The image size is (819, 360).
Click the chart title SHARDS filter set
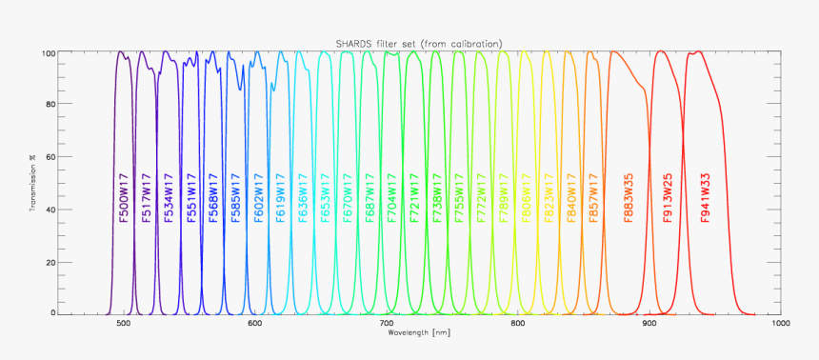click(x=419, y=43)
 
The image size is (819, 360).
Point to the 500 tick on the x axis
click(x=123, y=324)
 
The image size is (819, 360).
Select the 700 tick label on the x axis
click(x=386, y=324)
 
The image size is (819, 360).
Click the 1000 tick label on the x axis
click(x=781, y=324)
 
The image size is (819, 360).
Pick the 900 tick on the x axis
click(x=649, y=324)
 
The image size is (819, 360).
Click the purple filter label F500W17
click(x=125, y=198)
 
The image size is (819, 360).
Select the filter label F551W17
click(x=191, y=198)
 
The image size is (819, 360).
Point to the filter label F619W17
click(x=281, y=198)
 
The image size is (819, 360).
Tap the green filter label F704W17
click(x=391, y=198)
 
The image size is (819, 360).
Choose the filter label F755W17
click(x=458, y=198)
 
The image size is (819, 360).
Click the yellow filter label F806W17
click(x=526, y=198)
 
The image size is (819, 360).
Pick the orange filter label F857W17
click(x=592, y=198)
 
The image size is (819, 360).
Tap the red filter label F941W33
click(x=706, y=198)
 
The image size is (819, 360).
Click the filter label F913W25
click(x=669, y=198)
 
